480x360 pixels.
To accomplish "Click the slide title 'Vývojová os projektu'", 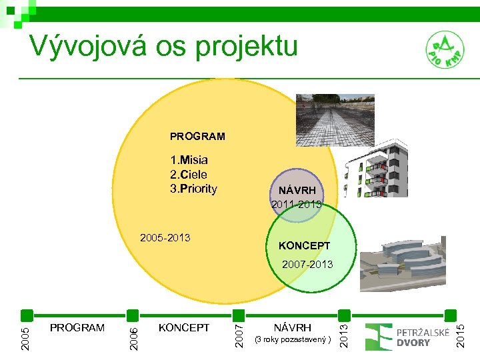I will (x=163, y=46).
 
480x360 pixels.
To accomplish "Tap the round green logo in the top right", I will (x=445, y=51).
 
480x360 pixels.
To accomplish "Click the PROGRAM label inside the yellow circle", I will (x=197, y=136).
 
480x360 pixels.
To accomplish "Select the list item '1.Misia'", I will (x=189, y=160).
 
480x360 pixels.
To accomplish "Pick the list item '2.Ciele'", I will (x=189, y=174).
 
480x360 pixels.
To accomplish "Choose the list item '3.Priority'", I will (x=193, y=188).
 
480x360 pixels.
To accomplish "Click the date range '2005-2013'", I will (x=165, y=238).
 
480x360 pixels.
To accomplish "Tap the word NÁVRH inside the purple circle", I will (x=297, y=190).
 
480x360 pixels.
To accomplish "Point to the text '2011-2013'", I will (x=297, y=204).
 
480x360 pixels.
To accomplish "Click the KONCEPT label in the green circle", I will (x=304, y=245).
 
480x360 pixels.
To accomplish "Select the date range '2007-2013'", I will (x=307, y=265).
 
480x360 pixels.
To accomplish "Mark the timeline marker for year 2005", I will (x=26, y=315).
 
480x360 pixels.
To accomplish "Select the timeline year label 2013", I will (x=343, y=331).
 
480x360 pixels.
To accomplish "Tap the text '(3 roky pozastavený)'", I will (x=293, y=340).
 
